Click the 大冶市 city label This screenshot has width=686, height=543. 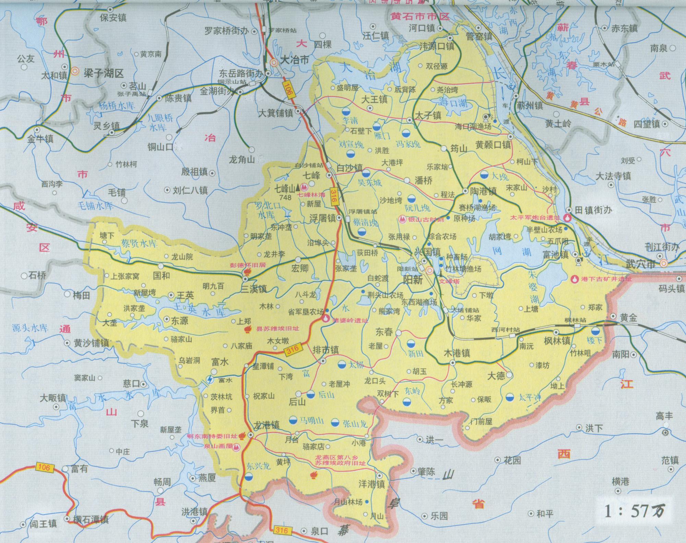point(295,60)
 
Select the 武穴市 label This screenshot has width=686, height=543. point(640,264)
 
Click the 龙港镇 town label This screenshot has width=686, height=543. point(266,425)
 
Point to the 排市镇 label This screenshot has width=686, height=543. point(326,350)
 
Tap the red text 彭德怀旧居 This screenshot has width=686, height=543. point(248,265)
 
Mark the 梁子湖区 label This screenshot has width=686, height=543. point(103,73)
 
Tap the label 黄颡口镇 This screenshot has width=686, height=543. point(493,145)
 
